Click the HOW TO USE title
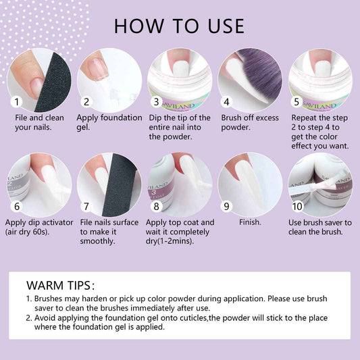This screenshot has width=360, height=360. [x=179, y=26]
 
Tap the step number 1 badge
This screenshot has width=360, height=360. [x=16, y=102]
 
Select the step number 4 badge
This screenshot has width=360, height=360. [x=226, y=102]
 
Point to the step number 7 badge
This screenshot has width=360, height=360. [x=86, y=206]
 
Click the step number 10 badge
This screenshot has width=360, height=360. [x=297, y=206]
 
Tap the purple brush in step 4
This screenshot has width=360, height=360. [x=261, y=74]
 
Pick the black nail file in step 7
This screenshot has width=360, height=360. [x=120, y=185]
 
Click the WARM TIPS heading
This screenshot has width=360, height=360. [x=60, y=286]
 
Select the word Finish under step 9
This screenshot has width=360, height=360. [x=250, y=222]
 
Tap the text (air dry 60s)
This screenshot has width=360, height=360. [x=27, y=232]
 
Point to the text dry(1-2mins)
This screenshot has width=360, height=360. [x=170, y=241]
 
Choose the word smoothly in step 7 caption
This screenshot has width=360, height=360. [x=97, y=241]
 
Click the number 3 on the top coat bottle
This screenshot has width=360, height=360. [x=154, y=192]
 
